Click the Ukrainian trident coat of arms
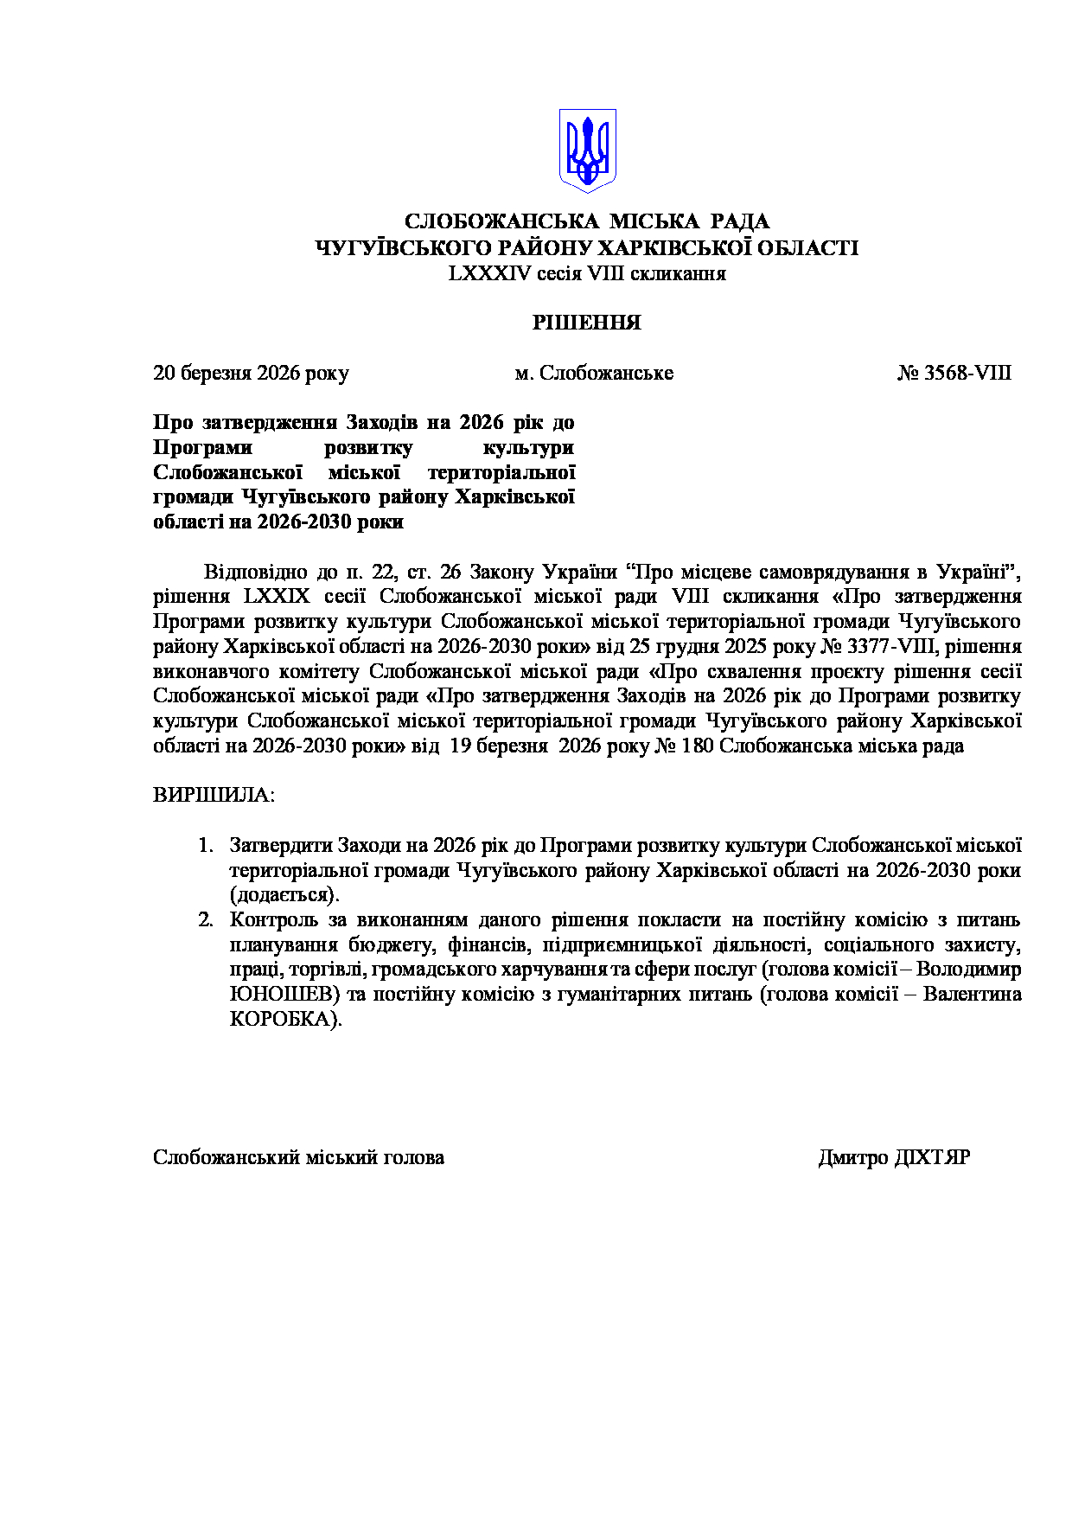pyautogui.click(x=587, y=150)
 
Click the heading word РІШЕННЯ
pyautogui.click(x=586, y=323)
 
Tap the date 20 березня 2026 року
pyautogui.click(x=251, y=373)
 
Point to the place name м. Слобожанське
pyautogui.click(x=594, y=373)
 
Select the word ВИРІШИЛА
pyautogui.click(x=213, y=795)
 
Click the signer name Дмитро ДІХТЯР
pyautogui.click(x=894, y=1157)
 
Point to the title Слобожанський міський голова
pyautogui.click(x=298, y=1157)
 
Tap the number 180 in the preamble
pyautogui.click(x=698, y=746)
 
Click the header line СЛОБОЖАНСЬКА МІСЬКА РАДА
pyautogui.click(x=587, y=221)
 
